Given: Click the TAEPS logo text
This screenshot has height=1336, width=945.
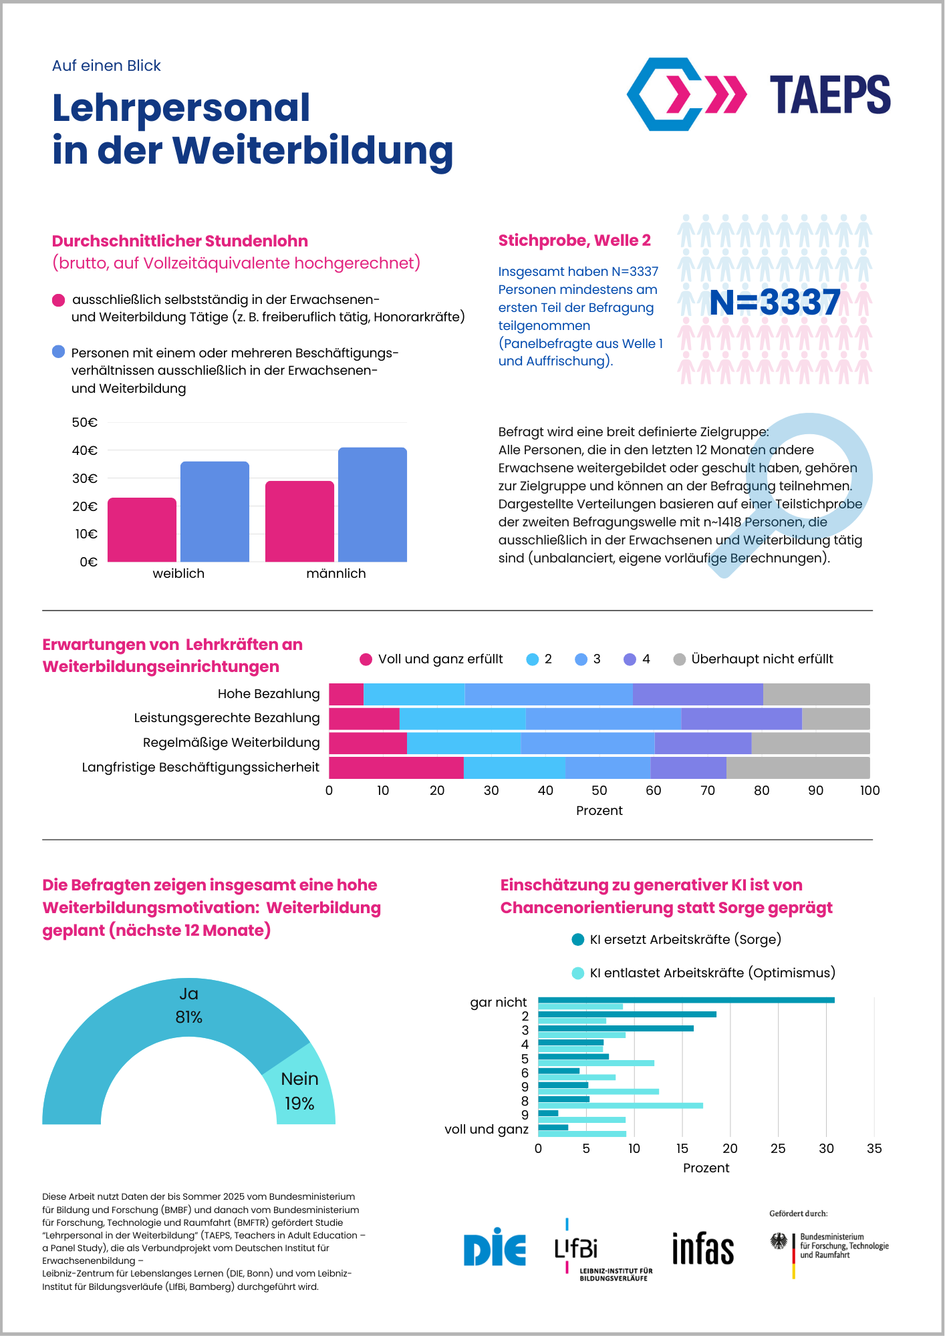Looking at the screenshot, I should click(829, 95).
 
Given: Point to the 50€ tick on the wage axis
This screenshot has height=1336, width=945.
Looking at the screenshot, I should click(85, 422).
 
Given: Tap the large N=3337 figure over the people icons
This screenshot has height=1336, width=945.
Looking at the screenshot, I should click(775, 302).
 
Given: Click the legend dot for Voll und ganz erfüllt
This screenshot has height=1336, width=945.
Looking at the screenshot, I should click(366, 659).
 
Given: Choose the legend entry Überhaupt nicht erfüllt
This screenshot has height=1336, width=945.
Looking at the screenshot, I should click(762, 659).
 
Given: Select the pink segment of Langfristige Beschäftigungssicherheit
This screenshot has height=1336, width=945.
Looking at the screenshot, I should click(396, 768).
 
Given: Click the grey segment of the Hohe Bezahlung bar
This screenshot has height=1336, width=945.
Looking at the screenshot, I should click(816, 694).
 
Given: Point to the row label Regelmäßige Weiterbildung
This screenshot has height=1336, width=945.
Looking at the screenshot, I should click(231, 743).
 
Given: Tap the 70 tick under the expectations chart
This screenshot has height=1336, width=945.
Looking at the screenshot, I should click(707, 791).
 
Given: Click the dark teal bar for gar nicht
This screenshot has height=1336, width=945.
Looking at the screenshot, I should click(686, 1000).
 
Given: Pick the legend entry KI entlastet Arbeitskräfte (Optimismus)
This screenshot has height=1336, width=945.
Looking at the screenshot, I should click(712, 973).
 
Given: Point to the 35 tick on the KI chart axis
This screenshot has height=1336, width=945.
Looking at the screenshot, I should click(874, 1149).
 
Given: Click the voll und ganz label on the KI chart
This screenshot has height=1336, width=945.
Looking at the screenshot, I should click(487, 1130).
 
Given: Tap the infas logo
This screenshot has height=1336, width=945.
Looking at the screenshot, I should click(702, 1248).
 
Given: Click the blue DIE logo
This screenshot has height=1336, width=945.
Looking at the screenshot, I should click(495, 1247).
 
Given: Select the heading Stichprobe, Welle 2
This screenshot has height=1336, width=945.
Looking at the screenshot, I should click(574, 240).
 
